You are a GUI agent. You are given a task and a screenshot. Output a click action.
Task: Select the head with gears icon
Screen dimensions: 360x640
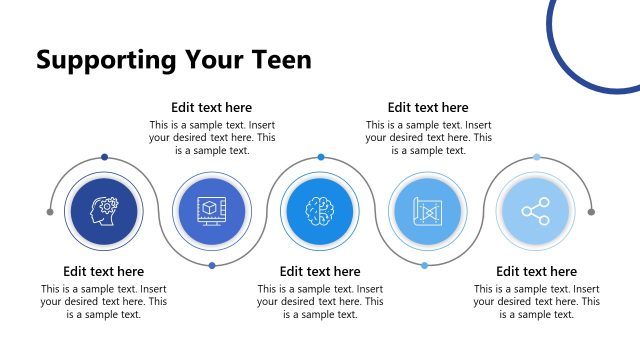(104, 212)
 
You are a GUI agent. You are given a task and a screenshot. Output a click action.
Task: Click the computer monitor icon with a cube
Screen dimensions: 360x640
(212, 212)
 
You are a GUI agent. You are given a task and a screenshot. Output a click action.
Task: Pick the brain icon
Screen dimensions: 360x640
(320, 212)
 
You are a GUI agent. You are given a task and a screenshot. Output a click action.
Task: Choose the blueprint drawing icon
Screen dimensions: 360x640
(428, 212)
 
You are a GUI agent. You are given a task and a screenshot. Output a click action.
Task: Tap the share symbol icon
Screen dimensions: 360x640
(536, 212)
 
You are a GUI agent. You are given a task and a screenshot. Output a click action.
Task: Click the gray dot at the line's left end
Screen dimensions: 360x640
(50, 212)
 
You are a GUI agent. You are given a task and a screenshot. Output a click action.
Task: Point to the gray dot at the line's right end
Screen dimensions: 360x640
(591, 212)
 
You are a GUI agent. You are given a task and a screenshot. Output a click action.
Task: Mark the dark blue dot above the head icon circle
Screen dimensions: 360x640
(104, 157)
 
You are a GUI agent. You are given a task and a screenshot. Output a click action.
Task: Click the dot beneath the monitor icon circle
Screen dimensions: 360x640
(212, 266)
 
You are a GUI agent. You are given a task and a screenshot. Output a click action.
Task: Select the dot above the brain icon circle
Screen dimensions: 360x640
(321, 157)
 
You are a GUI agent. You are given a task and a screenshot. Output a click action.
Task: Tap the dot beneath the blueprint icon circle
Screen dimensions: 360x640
(425, 266)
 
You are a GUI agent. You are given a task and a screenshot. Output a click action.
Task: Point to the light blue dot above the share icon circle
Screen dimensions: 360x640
(537, 157)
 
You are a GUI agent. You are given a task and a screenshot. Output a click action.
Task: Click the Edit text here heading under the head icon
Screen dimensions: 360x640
(104, 271)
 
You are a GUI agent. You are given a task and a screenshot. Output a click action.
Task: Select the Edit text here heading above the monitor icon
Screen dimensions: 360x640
(212, 108)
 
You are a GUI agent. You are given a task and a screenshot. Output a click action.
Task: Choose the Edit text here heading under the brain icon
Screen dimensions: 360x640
(320, 271)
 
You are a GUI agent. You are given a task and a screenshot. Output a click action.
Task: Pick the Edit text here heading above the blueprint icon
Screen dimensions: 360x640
(428, 108)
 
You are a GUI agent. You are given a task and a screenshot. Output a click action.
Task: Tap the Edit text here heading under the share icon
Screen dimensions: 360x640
(536, 271)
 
